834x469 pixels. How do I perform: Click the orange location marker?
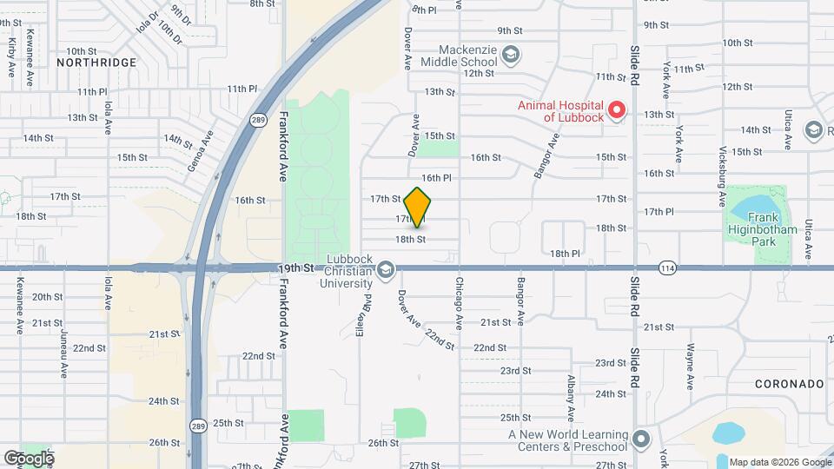(x=418, y=208)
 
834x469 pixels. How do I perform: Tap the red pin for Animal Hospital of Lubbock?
(x=616, y=109)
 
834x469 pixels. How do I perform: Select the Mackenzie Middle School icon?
(x=511, y=56)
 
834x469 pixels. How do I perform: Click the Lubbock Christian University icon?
(x=385, y=273)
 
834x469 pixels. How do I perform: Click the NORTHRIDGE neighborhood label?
(x=96, y=63)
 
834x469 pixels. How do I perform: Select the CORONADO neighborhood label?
(x=788, y=383)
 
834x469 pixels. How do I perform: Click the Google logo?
(x=29, y=458)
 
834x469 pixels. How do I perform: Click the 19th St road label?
(x=296, y=268)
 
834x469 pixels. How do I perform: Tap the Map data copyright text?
(x=778, y=461)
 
